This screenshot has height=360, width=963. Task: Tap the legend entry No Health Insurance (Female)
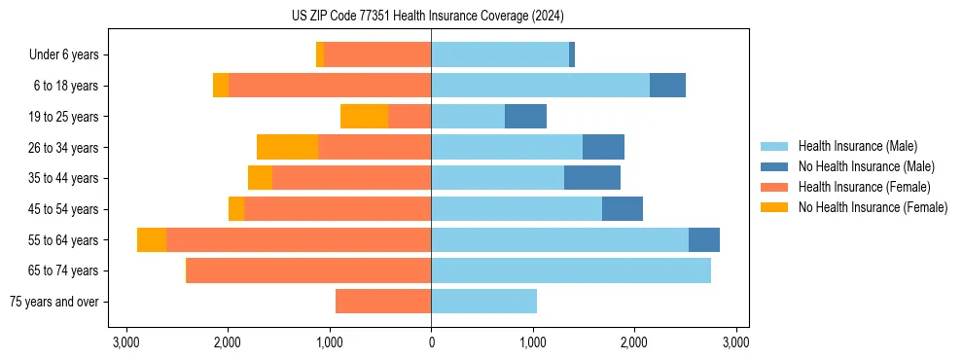873,207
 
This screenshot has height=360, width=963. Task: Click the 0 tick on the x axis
431,342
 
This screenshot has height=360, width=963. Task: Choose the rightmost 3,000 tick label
735,342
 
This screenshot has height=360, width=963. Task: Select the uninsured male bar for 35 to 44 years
592,178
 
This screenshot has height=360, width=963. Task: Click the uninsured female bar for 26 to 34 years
287,147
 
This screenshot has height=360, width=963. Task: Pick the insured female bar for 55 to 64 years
299,239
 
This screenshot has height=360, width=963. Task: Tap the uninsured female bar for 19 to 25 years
364,117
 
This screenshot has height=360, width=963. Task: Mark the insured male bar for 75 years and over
483,302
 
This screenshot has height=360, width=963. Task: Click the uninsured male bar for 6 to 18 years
667,86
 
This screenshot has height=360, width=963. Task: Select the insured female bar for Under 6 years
377,55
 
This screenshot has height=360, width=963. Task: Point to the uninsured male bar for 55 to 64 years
704,239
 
